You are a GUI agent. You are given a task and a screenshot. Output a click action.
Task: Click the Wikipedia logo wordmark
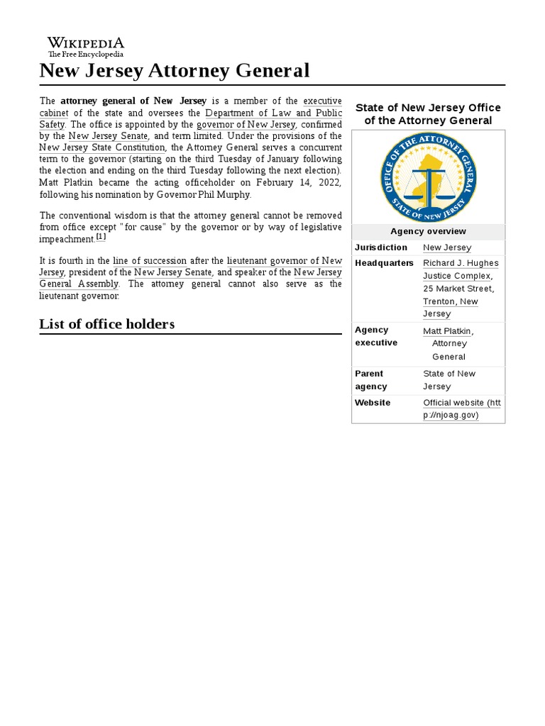(x=85, y=43)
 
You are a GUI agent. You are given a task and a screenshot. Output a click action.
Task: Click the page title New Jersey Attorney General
(x=175, y=71)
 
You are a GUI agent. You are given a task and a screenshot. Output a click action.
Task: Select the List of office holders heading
(x=106, y=324)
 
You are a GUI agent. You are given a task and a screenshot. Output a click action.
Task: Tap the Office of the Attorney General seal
(x=428, y=177)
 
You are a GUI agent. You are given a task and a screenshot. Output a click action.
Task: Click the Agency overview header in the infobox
(x=428, y=231)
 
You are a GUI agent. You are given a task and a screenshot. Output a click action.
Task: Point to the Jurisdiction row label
(x=381, y=247)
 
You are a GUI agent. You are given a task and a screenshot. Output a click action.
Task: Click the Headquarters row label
(x=384, y=263)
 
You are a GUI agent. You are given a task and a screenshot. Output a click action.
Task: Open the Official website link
(x=461, y=408)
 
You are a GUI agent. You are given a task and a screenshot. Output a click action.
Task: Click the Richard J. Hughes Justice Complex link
(x=461, y=269)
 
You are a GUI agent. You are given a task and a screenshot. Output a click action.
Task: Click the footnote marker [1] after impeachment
(x=101, y=237)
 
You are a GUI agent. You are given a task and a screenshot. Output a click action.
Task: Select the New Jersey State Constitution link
(x=102, y=147)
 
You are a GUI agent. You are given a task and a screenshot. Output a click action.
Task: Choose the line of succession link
(x=150, y=261)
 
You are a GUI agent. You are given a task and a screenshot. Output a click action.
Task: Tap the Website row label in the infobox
(x=373, y=403)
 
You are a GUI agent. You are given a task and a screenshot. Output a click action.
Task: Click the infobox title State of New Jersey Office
(x=428, y=108)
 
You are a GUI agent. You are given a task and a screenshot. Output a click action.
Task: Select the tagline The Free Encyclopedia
(x=85, y=54)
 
